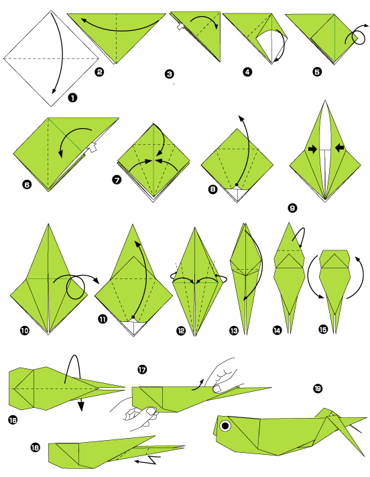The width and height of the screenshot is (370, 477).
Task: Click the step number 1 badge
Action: coord(72,98)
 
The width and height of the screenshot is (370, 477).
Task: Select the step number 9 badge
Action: coord(292,208)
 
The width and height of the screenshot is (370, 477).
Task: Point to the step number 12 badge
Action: coord(182,330)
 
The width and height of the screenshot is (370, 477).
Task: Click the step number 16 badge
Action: coord(13,420)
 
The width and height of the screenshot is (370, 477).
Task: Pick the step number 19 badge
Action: coord(317,388)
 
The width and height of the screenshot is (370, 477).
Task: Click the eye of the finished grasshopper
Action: coord(227,425)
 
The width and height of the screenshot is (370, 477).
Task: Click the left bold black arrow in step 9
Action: coord(312,149)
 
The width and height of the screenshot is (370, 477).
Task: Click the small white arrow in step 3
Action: coord(180,28)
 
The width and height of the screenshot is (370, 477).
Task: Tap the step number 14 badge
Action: coord(277,330)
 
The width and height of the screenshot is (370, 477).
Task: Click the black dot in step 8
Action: coord(237,184)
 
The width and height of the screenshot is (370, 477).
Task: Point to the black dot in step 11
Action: coord(133,316)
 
